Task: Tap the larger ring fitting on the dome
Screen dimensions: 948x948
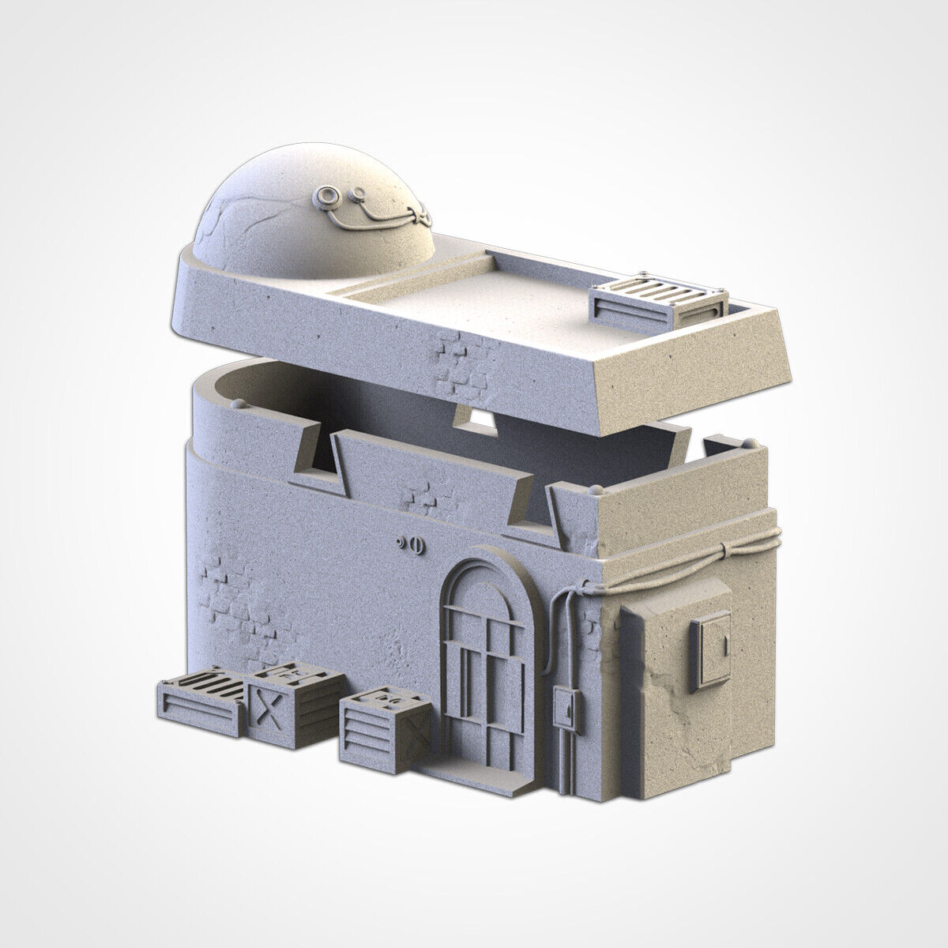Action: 326,194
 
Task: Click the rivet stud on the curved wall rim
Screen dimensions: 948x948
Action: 239,402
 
